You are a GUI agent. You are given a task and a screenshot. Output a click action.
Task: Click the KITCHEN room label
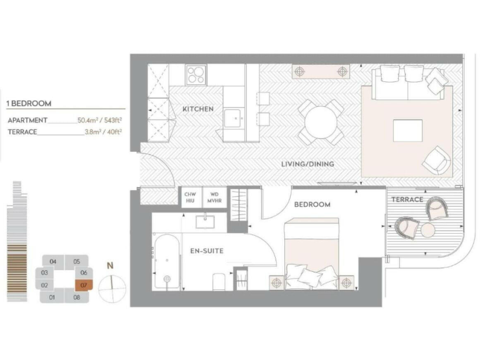[198, 109]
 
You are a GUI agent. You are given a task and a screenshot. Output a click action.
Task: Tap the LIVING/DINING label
[307, 164]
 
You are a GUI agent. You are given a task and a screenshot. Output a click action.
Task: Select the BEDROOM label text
[312, 204]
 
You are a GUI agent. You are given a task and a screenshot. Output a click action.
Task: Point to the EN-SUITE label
[207, 251]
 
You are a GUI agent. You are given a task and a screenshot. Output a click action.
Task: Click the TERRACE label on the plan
[407, 199]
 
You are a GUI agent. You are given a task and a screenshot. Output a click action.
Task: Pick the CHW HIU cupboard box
[190, 198]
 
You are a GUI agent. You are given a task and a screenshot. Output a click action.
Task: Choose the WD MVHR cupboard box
[214, 198]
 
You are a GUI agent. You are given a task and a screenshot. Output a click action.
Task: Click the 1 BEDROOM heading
[29, 104]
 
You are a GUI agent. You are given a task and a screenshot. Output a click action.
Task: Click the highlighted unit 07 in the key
[83, 286]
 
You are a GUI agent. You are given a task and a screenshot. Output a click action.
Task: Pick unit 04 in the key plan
[53, 261]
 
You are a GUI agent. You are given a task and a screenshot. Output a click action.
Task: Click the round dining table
[320, 122]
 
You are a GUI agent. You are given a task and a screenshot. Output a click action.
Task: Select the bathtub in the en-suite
[166, 262]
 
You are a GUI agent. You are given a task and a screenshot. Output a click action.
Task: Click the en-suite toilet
[219, 282]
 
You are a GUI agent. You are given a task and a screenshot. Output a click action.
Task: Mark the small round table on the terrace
[427, 231]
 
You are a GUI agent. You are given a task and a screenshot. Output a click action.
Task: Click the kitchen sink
[234, 117]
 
